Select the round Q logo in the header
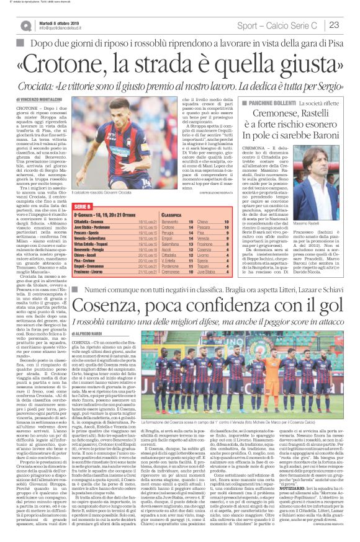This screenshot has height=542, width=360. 25,25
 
